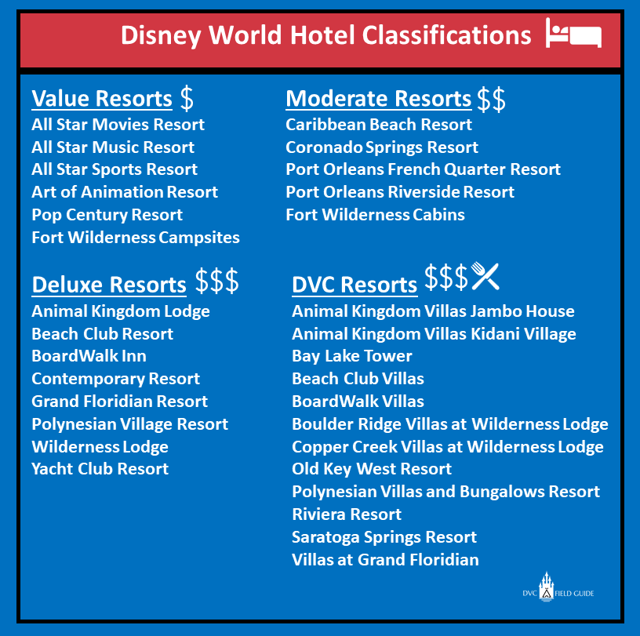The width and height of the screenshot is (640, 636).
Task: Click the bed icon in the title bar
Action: click(x=573, y=35)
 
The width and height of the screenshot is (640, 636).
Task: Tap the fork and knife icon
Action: click(x=485, y=276)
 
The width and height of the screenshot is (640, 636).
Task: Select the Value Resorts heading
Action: click(x=101, y=100)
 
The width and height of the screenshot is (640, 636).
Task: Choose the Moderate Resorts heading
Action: click(x=378, y=100)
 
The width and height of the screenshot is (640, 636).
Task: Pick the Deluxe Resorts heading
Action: click(x=109, y=285)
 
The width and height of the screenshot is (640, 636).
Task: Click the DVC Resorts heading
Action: click(x=354, y=285)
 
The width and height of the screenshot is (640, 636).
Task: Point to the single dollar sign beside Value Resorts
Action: click(x=186, y=98)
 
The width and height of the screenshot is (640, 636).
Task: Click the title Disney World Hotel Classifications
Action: click(x=325, y=35)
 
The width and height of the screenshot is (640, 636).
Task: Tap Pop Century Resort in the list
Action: click(x=107, y=215)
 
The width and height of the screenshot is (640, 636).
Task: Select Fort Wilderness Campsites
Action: click(x=136, y=237)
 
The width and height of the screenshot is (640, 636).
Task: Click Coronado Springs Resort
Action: click(x=381, y=147)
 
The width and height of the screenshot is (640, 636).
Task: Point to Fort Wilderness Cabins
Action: click(x=375, y=215)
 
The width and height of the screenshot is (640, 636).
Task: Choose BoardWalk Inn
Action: click(x=89, y=356)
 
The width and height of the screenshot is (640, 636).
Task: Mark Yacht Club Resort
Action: click(x=100, y=469)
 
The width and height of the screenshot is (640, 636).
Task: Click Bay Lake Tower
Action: click(x=351, y=356)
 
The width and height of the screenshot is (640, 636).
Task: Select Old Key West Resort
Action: click(x=371, y=469)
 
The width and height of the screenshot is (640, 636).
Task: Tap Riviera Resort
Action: click(x=346, y=514)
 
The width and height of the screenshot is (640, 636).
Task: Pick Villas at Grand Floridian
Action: click(x=385, y=560)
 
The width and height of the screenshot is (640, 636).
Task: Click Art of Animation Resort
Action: click(x=125, y=192)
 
